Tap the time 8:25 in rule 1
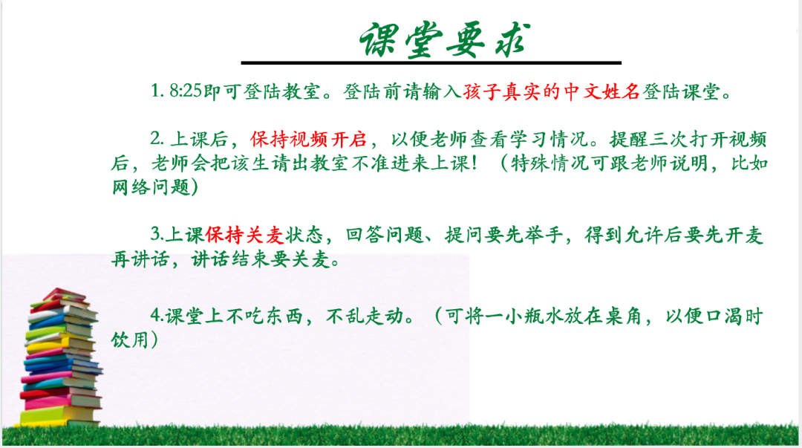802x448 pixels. pyautogui.click(x=186, y=91)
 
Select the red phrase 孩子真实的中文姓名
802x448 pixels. pyautogui.click(x=551, y=91)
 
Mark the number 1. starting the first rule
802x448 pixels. pyautogui.click(x=157, y=91)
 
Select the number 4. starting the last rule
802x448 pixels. pyautogui.click(x=156, y=316)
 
